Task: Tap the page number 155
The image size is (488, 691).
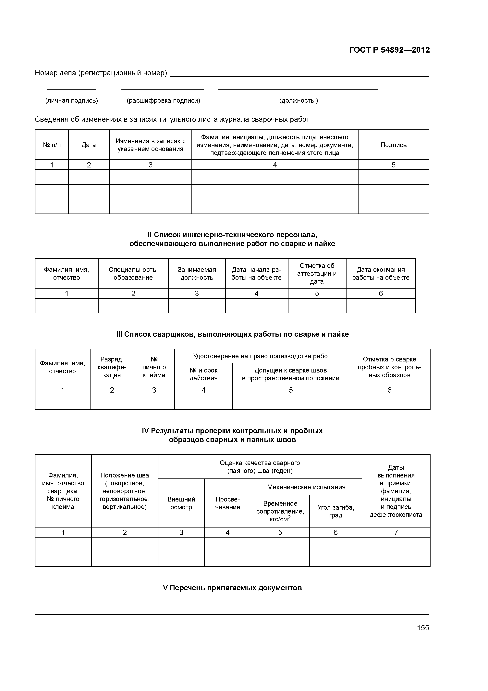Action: click(423, 628)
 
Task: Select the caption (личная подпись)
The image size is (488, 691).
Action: click(72, 100)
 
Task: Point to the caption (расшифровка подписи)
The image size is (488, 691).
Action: click(163, 100)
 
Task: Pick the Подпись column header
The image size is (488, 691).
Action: click(393, 145)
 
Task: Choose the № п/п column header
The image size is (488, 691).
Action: click(52, 145)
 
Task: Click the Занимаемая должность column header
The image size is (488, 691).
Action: click(197, 274)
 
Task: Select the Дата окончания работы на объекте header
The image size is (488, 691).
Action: click(381, 274)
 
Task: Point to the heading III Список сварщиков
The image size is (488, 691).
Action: click(232, 334)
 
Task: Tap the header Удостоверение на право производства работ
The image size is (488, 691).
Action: click(262, 356)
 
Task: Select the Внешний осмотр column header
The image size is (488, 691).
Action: click(181, 503)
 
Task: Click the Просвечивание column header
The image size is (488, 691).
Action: click(228, 503)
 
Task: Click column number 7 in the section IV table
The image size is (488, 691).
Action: click(396, 532)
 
